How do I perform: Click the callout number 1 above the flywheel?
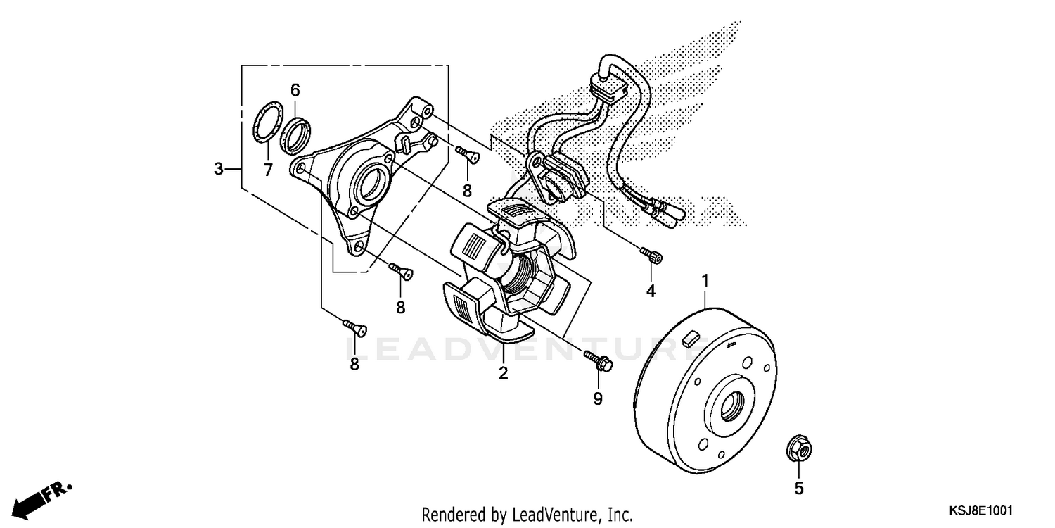pyautogui.click(x=705, y=282)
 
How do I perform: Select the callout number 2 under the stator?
pyautogui.click(x=503, y=373)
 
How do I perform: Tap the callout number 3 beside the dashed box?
pyautogui.click(x=219, y=169)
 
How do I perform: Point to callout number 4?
pyautogui.click(x=651, y=290)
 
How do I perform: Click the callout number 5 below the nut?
pyautogui.click(x=798, y=487)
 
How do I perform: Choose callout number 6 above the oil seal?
pyautogui.click(x=295, y=89)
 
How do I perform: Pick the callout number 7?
pyautogui.click(x=267, y=169)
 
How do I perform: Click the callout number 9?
pyautogui.click(x=598, y=399)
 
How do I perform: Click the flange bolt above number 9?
pyautogui.click(x=598, y=360)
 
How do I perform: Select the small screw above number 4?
pyautogui.click(x=651, y=256)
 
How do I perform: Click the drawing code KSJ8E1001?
pyautogui.click(x=984, y=509)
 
